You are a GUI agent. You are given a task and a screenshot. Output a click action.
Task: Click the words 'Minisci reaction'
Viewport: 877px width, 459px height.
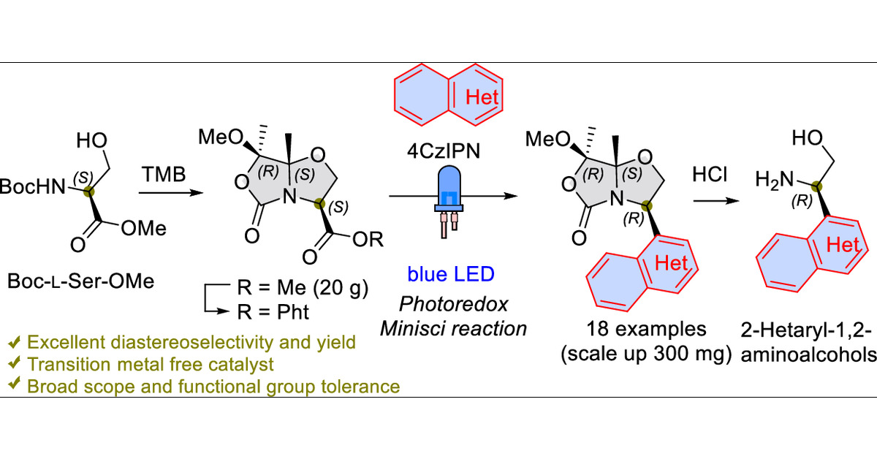click(x=453, y=328)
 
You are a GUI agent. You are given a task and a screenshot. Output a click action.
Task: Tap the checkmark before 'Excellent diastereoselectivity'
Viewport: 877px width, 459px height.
click(x=12, y=341)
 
